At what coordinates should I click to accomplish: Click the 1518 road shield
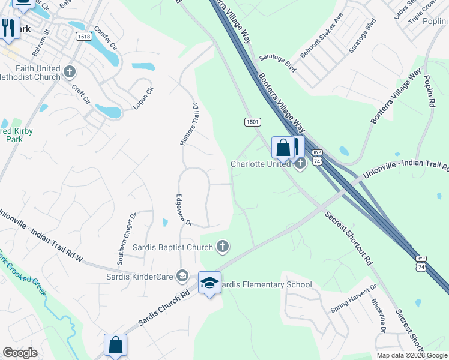pyautogui.click(x=84, y=37)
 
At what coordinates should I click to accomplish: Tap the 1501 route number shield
pyautogui.click(x=252, y=122)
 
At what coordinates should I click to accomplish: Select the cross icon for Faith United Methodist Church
pyautogui.click(x=70, y=73)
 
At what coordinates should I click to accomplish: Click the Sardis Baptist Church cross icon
pyautogui.click(x=223, y=247)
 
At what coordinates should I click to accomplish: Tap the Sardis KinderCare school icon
pyautogui.click(x=182, y=276)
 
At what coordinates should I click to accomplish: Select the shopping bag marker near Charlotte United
pyautogui.click(x=283, y=148)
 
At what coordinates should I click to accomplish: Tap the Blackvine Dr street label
pyautogui.click(x=379, y=316)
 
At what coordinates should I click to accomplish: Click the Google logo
pyautogui.click(x=20, y=353)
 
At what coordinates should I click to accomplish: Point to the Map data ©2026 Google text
pyautogui.click(x=411, y=355)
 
